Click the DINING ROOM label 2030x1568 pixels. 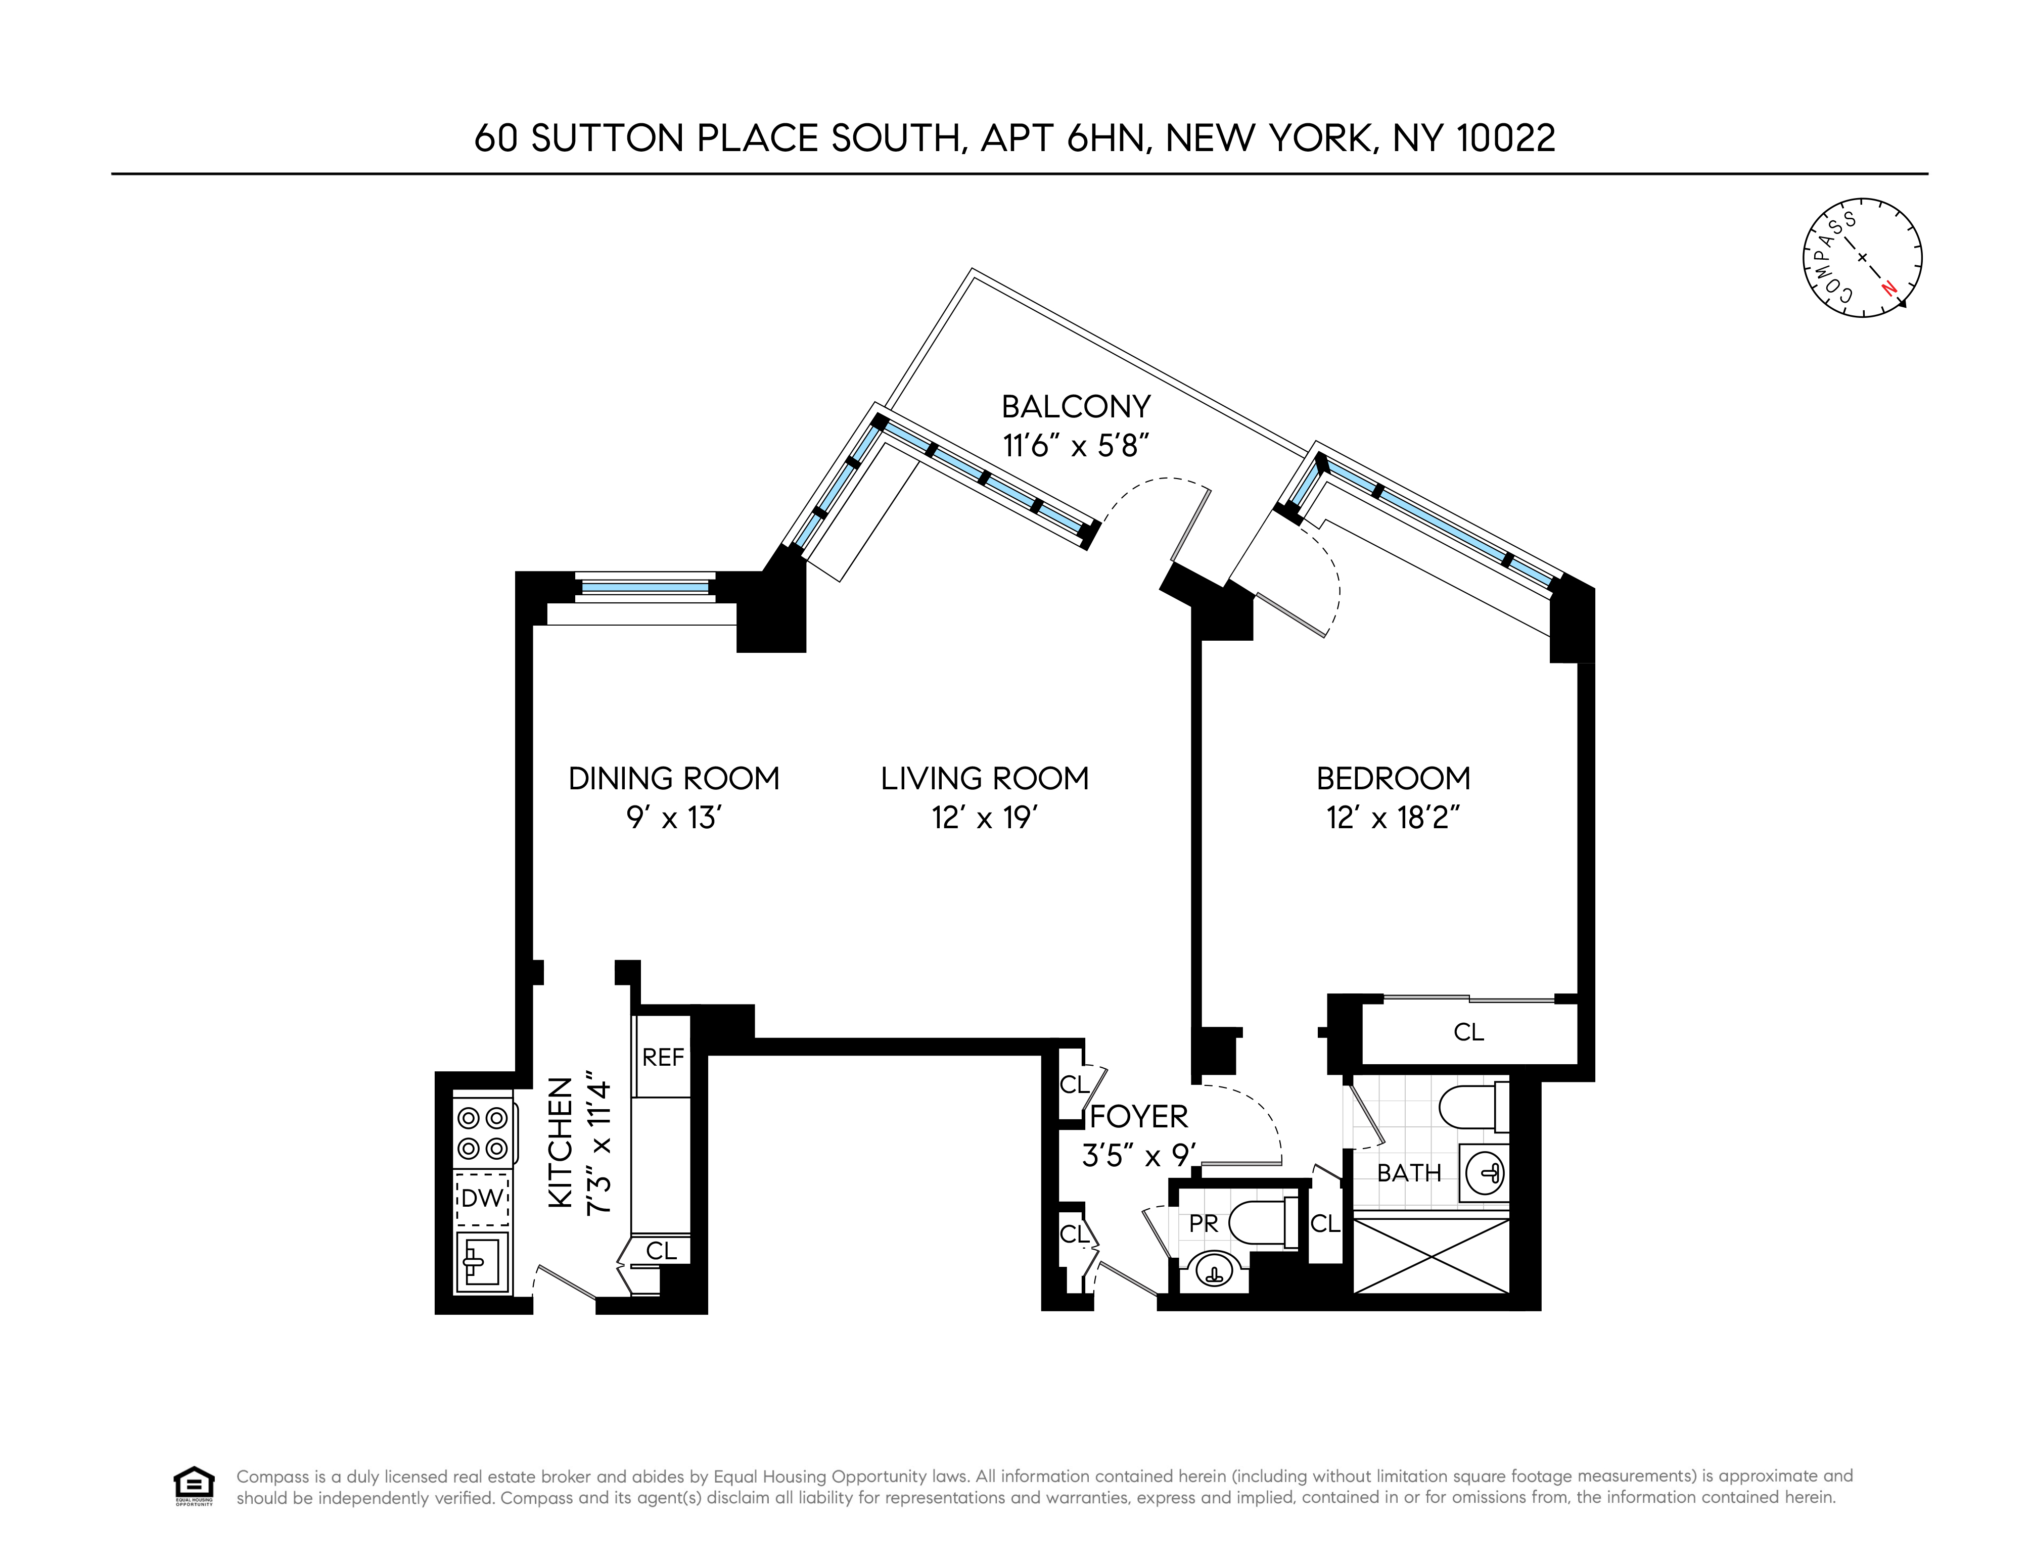[x=674, y=778]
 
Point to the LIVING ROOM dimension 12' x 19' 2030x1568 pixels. [x=984, y=818]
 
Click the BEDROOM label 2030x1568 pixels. [x=1393, y=778]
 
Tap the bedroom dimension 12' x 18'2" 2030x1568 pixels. [x=1393, y=818]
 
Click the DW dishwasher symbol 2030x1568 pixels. [x=482, y=1198]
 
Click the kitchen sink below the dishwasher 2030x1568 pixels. [x=482, y=1262]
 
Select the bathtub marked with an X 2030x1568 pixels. [x=1432, y=1256]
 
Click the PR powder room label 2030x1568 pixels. [x=1204, y=1224]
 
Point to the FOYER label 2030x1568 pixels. [x=1139, y=1116]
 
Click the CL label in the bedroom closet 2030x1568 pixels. [x=1468, y=1032]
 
